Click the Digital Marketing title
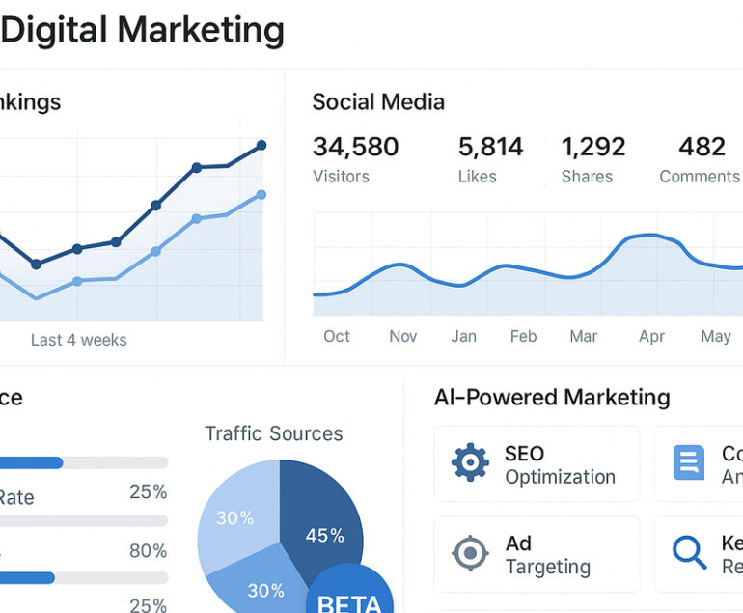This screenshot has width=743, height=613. (x=143, y=31)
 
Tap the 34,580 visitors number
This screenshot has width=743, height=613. (x=355, y=147)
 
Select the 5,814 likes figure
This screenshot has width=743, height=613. (x=490, y=147)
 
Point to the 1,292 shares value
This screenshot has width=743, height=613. (x=593, y=147)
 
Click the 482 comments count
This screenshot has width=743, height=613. (x=702, y=147)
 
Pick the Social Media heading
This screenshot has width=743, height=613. (x=378, y=102)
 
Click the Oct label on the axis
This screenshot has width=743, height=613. (x=337, y=336)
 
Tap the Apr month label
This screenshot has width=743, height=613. (x=651, y=336)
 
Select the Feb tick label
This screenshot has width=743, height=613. (x=523, y=336)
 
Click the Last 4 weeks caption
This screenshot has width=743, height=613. (x=78, y=340)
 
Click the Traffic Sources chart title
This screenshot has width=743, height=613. (x=273, y=433)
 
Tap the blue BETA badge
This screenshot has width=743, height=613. (x=349, y=593)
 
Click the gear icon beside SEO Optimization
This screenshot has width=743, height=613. (x=470, y=463)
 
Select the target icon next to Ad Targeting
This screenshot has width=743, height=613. (x=470, y=554)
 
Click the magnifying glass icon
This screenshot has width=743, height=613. (x=689, y=552)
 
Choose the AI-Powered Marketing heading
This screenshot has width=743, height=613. (x=552, y=397)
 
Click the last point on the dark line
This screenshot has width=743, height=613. (x=261, y=146)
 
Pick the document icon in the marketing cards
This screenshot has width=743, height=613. (x=688, y=463)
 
